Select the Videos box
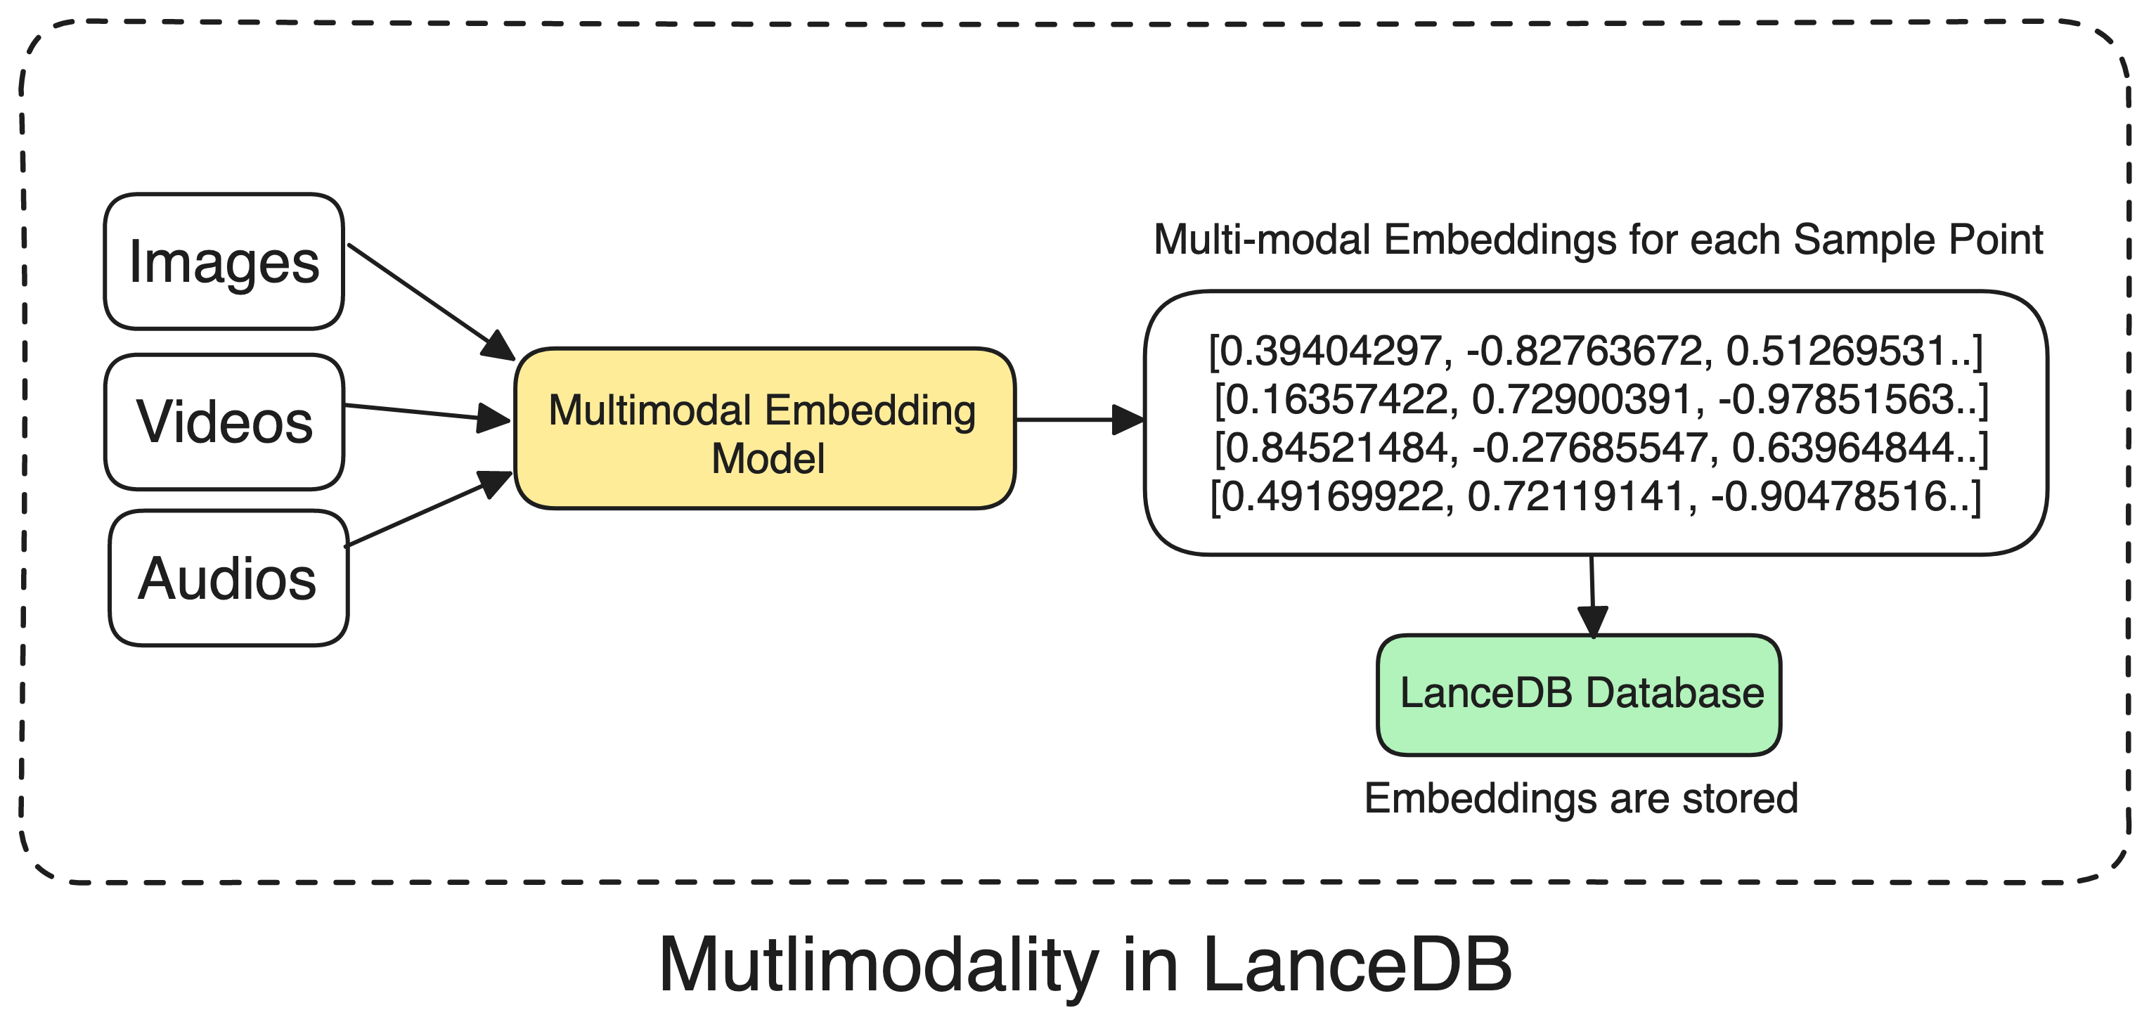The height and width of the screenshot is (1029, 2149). coord(224,422)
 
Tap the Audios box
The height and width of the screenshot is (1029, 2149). coord(228,578)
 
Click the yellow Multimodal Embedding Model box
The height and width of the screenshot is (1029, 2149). coord(764,429)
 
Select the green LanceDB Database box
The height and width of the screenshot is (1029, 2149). coord(1579,694)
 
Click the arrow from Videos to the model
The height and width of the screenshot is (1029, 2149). coord(425,413)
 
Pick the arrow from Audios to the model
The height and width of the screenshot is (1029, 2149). coord(427,510)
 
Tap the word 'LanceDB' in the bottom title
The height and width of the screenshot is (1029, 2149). coord(1357,965)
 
